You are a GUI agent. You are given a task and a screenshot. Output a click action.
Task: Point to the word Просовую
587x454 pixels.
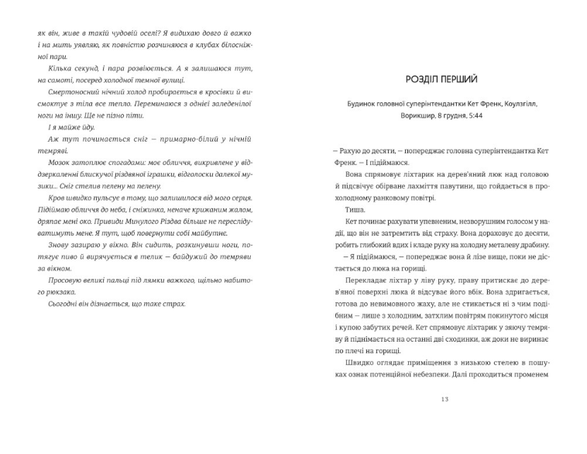(x=53, y=279)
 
